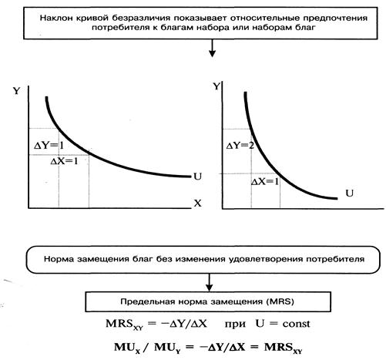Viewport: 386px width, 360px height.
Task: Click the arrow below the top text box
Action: (212, 48)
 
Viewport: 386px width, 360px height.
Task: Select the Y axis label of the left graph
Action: (16, 91)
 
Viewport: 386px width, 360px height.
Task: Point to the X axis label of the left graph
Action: (197, 204)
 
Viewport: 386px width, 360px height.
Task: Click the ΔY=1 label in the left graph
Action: (49, 146)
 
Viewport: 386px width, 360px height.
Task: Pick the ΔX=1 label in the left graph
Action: (64, 161)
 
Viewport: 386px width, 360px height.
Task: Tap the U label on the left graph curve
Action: (198, 177)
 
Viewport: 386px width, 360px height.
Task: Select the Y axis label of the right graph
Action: (217, 86)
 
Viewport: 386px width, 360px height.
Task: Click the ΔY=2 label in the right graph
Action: (240, 146)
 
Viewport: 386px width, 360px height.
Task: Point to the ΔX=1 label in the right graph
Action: (265, 182)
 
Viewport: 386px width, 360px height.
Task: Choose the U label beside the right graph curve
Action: (349, 193)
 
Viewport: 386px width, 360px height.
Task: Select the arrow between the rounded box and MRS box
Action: (210, 282)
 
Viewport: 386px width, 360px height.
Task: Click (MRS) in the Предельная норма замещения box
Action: (280, 301)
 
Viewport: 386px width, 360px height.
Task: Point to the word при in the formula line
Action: (235, 325)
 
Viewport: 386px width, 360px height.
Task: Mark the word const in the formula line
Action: (296, 324)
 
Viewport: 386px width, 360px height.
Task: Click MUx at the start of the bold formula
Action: (127, 348)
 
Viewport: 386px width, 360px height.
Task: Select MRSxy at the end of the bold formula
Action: (284, 348)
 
